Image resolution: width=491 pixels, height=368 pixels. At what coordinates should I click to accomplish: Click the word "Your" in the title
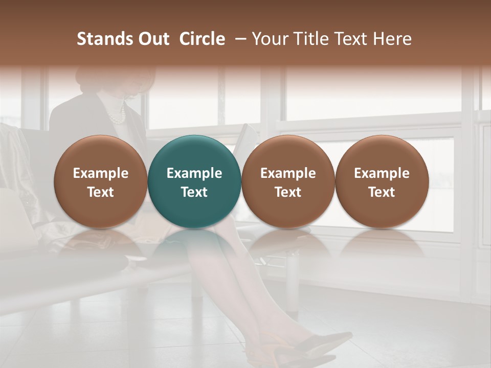pyautogui.click(x=270, y=39)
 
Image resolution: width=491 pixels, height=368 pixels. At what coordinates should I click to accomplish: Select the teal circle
pyautogui.click(x=194, y=153)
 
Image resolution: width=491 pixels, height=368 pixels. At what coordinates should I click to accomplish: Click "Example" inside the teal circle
pyautogui.click(x=194, y=173)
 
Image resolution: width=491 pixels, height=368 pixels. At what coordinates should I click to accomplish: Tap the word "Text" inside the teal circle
pyautogui.click(x=194, y=192)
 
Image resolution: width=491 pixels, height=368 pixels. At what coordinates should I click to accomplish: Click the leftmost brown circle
pyautogui.click(x=100, y=153)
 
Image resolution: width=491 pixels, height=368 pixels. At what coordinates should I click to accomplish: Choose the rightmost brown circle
pyautogui.click(x=382, y=153)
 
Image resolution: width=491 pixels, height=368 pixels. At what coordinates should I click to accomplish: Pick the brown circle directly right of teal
pyautogui.click(x=288, y=153)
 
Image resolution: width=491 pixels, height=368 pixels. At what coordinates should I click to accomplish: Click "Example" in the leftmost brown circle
pyautogui.click(x=100, y=173)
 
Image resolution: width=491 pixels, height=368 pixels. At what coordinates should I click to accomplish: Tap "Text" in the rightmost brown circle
pyautogui.click(x=382, y=192)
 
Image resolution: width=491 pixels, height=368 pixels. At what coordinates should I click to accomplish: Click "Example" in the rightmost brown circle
pyautogui.click(x=382, y=173)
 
